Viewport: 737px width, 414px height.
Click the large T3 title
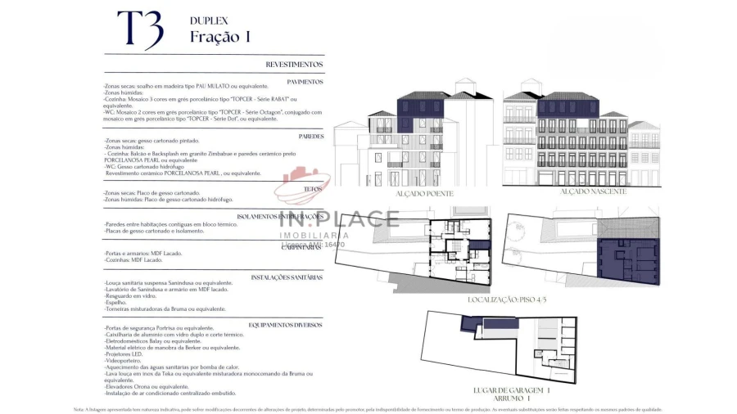tap(140, 31)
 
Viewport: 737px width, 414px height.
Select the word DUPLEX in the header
tap(209, 20)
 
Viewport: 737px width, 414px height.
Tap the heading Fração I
tap(219, 37)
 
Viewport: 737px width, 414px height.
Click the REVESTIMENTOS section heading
tap(294, 64)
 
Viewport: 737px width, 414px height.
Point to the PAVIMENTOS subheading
tap(305, 82)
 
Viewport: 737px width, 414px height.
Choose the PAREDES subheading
tap(310, 137)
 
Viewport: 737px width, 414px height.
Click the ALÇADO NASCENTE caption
tap(593, 191)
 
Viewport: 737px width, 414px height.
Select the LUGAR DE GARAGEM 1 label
tap(511, 390)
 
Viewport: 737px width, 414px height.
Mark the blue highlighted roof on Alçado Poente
tap(420, 106)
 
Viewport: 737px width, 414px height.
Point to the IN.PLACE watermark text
tap(339, 218)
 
